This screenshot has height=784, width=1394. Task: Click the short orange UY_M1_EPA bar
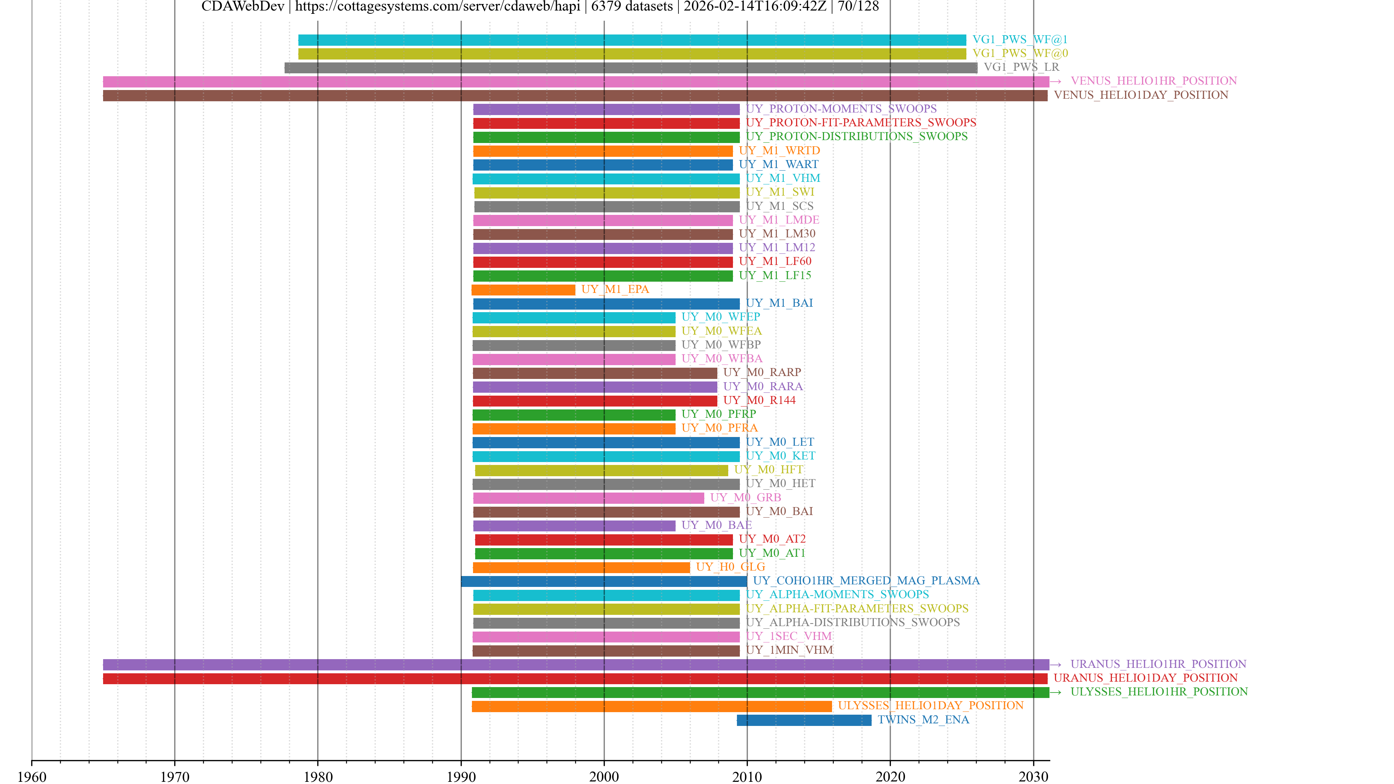point(523,290)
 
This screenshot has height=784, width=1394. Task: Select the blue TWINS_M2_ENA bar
point(804,720)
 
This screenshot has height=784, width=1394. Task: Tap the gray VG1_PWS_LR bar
point(631,68)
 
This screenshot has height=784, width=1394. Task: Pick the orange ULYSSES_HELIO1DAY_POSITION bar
point(652,706)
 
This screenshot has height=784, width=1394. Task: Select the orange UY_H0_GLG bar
point(581,567)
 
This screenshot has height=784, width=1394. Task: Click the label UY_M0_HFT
point(769,470)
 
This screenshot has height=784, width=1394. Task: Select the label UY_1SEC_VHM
point(788,636)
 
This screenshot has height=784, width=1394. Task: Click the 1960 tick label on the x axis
point(32,777)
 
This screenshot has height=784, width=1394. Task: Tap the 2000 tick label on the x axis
point(604,777)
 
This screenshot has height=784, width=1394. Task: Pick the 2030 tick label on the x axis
point(1033,777)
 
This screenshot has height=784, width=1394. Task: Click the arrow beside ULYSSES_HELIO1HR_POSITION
point(1055,692)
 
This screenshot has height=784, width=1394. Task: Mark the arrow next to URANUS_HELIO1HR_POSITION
point(1055,665)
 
